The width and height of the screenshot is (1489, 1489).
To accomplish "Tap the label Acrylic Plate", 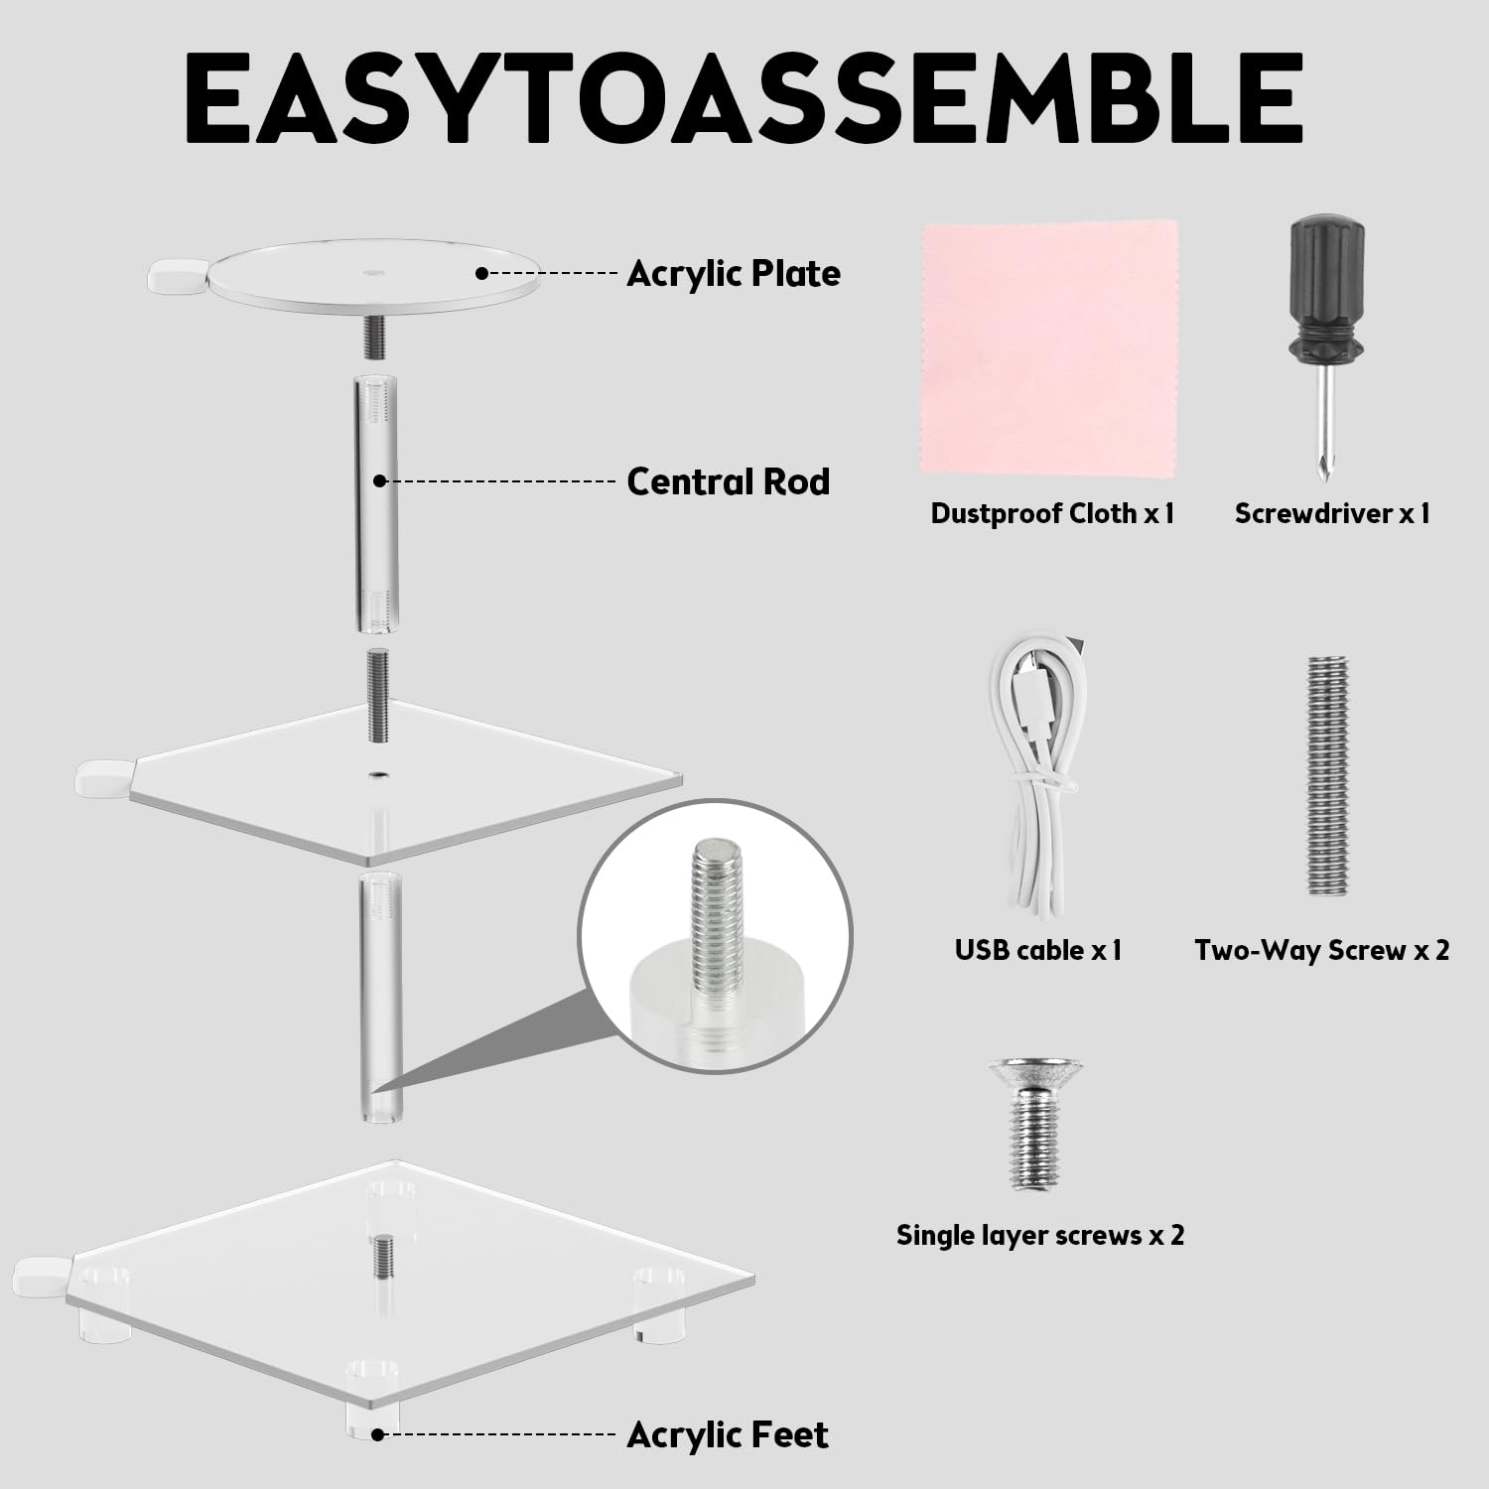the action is click(734, 273).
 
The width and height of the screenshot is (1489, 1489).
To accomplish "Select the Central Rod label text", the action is click(729, 481).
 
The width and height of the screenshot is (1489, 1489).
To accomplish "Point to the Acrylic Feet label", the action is click(728, 1434).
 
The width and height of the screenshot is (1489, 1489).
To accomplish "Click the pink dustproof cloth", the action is click(1050, 346).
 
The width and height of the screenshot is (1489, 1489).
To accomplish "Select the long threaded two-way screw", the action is click(1328, 776).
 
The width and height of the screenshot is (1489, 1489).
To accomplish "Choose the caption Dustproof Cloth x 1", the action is click(1052, 513).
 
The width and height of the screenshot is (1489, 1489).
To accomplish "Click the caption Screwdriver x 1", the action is click(1332, 513).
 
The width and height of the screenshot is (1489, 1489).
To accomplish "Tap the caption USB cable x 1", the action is click(1038, 950).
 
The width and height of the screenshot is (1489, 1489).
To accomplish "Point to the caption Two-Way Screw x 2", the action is click(1322, 951).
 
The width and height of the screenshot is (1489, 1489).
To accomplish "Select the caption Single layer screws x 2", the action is click(1040, 1236).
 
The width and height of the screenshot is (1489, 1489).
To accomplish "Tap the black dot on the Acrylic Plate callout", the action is click(481, 272).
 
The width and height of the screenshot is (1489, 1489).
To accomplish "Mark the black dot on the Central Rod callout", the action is click(378, 480).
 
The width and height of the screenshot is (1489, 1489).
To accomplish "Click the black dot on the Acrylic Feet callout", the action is click(378, 1434).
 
